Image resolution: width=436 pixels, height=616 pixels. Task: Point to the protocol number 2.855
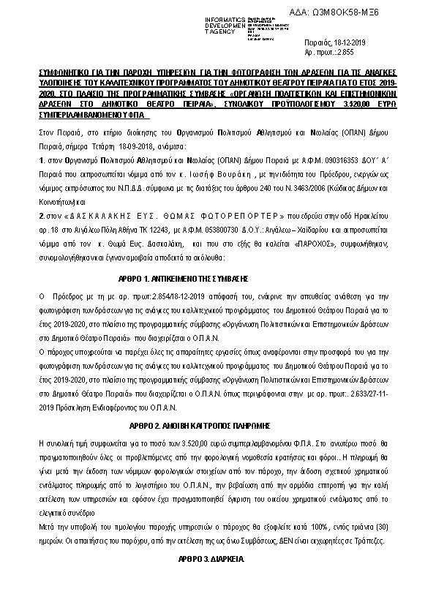click(343, 53)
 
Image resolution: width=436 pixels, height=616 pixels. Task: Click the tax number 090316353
click(301, 157)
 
